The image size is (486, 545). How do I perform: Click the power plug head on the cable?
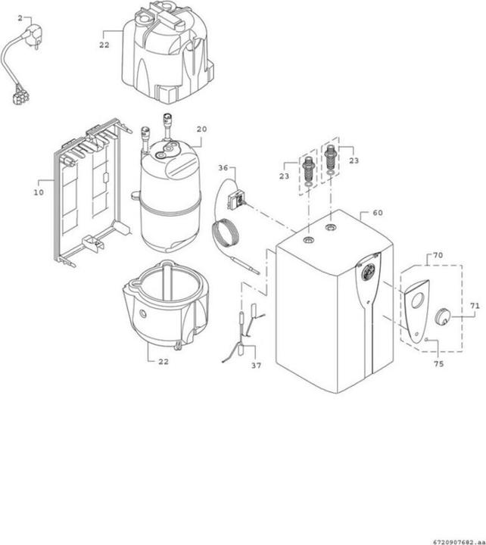34,39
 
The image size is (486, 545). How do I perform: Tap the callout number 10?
38,193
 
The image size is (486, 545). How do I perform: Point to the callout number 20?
201,129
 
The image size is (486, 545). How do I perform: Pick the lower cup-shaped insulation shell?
164,303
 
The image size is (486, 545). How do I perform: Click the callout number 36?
223,167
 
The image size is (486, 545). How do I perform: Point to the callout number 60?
377,214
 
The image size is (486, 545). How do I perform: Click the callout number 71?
475,306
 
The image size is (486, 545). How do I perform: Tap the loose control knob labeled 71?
444,316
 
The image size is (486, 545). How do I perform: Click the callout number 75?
438,364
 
